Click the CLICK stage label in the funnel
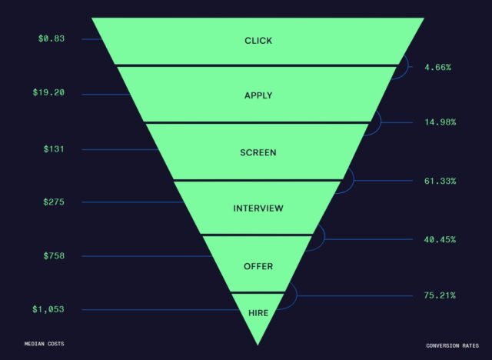pyautogui.click(x=258, y=40)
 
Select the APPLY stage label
pyautogui.click(x=258, y=95)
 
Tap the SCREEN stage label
pyautogui.click(x=258, y=152)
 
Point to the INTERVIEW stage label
pyautogui.click(x=258, y=208)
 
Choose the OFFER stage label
pyautogui.click(x=258, y=266)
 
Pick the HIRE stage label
pyautogui.click(x=258, y=312)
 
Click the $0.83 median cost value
pyautogui.click(x=51, y=38)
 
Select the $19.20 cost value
pyautogui.click(x=48, y=93)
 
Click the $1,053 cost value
pyautogui.click(x=48, y=309)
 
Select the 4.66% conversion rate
pyautogui.click(x=438, y=68)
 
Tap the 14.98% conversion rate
pyautogui.click(x=440, y=122)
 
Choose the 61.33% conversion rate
pyautogui.click(x=440, y=182)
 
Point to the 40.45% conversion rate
pyautogui.click(x=440, y=239)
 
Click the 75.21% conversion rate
pyautogui.click(x=440, y=295)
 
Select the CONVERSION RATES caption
pyautogui.click(x=452, y=344)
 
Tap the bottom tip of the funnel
pyautogui.click(x=258, y=342)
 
